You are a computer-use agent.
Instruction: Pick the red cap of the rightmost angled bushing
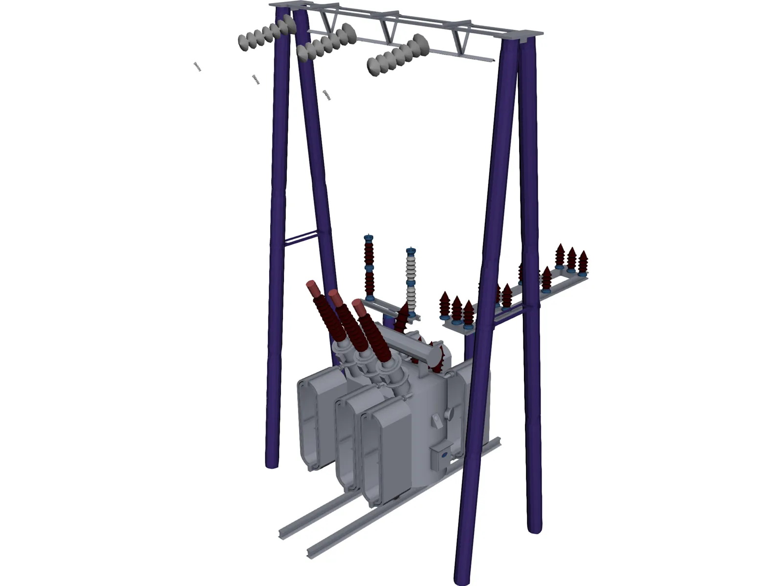tap(359, 309)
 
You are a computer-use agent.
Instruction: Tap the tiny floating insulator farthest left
tap(197, 67)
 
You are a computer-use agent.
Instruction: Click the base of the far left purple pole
tap(272, 461)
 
